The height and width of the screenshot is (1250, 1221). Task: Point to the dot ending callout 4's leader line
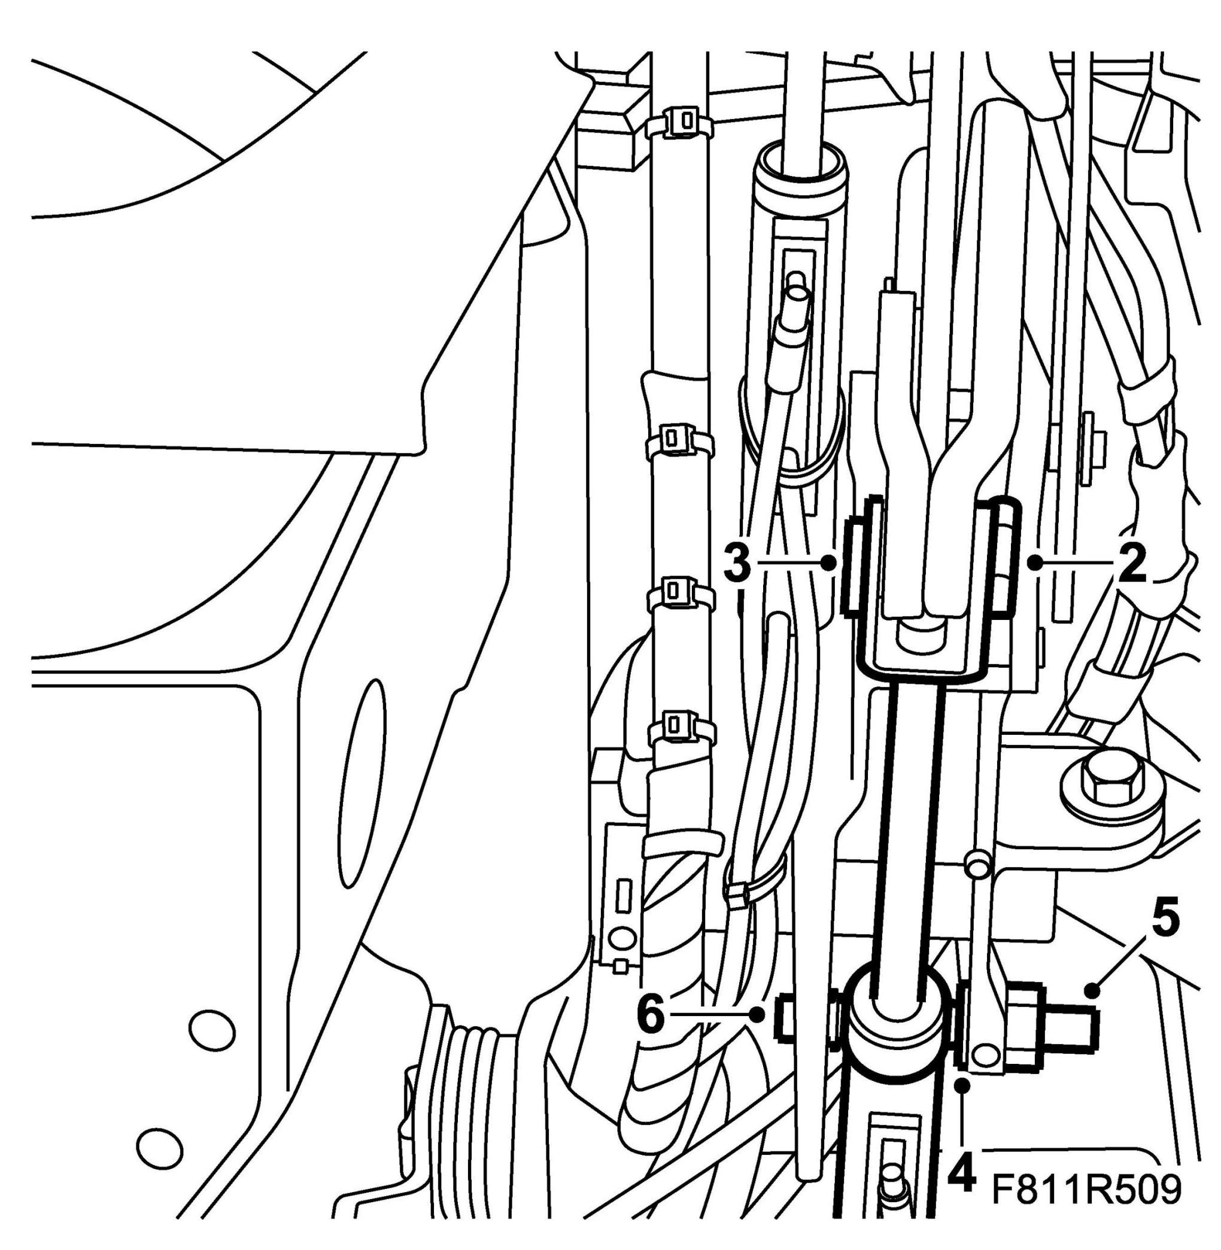click(963, 1085)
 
